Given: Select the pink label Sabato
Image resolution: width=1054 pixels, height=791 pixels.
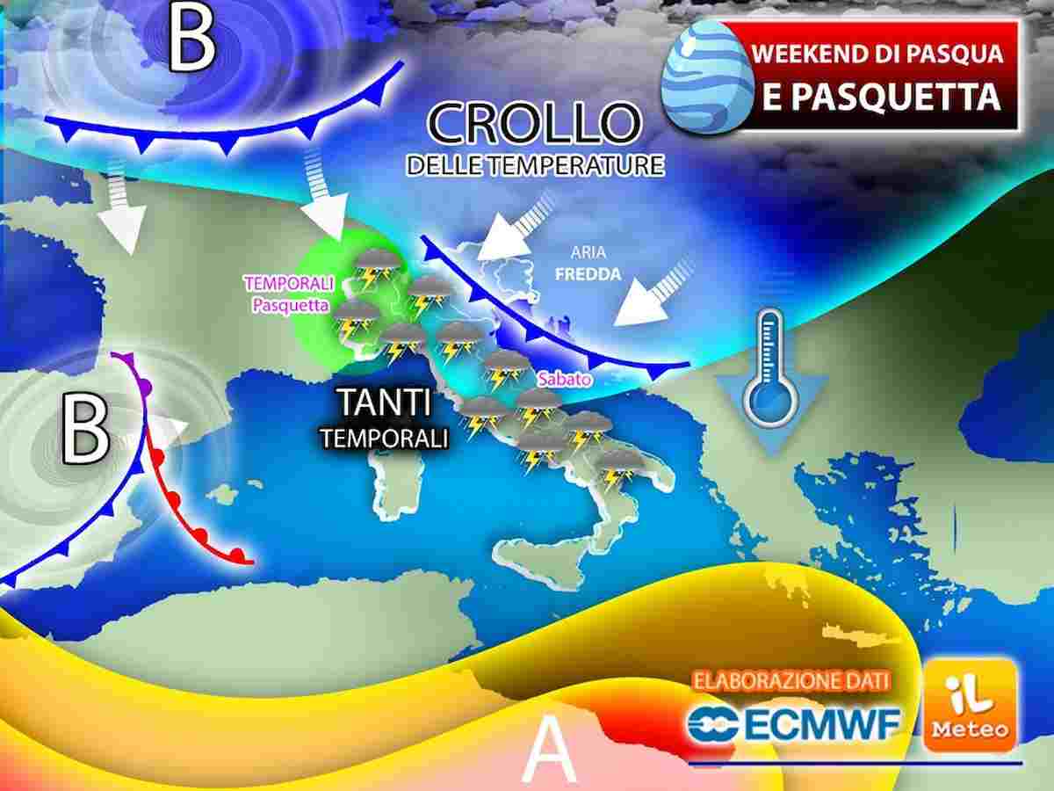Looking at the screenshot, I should pos(562,379).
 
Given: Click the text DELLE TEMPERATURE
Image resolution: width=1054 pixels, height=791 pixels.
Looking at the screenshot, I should pos(533,165).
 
